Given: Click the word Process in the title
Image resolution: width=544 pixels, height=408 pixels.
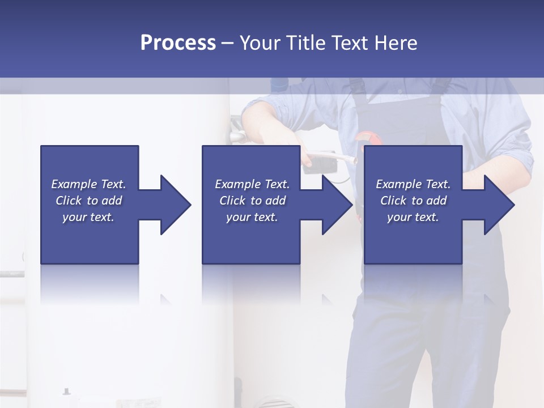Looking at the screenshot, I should (178, 43).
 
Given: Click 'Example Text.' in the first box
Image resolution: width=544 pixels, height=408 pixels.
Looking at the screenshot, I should (88, 184).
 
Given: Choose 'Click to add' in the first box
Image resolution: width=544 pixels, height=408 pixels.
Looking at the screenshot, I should (88, 201).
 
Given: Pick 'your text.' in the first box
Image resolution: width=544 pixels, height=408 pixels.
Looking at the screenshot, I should (88, 217).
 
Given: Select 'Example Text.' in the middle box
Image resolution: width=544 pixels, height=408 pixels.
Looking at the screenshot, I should (252, 184).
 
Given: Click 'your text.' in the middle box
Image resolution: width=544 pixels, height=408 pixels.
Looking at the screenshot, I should (252, 217).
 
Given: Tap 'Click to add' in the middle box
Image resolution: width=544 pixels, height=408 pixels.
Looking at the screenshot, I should (252, 201).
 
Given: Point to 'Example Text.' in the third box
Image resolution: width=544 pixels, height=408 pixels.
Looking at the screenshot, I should (413, 184).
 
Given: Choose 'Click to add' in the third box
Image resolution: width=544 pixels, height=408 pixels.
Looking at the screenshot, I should (413, 201).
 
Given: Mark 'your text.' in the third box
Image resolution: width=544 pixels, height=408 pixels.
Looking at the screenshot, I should (413, 217).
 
